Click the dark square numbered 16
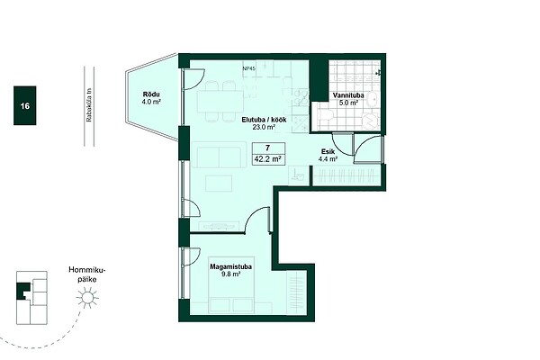25,105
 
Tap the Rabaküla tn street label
89,106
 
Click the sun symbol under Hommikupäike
87,298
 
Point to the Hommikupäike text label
86,274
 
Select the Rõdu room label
151,94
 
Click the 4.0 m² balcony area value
151,102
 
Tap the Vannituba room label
348,95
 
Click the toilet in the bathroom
325,115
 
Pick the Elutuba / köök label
264,121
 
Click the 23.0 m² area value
264,128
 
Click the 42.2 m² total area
268,159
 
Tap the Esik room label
328,151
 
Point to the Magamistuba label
230,267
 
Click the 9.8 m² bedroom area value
230,274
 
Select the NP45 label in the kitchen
249,69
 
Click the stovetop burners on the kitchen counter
301,96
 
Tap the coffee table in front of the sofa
219,184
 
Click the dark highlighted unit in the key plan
23,291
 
